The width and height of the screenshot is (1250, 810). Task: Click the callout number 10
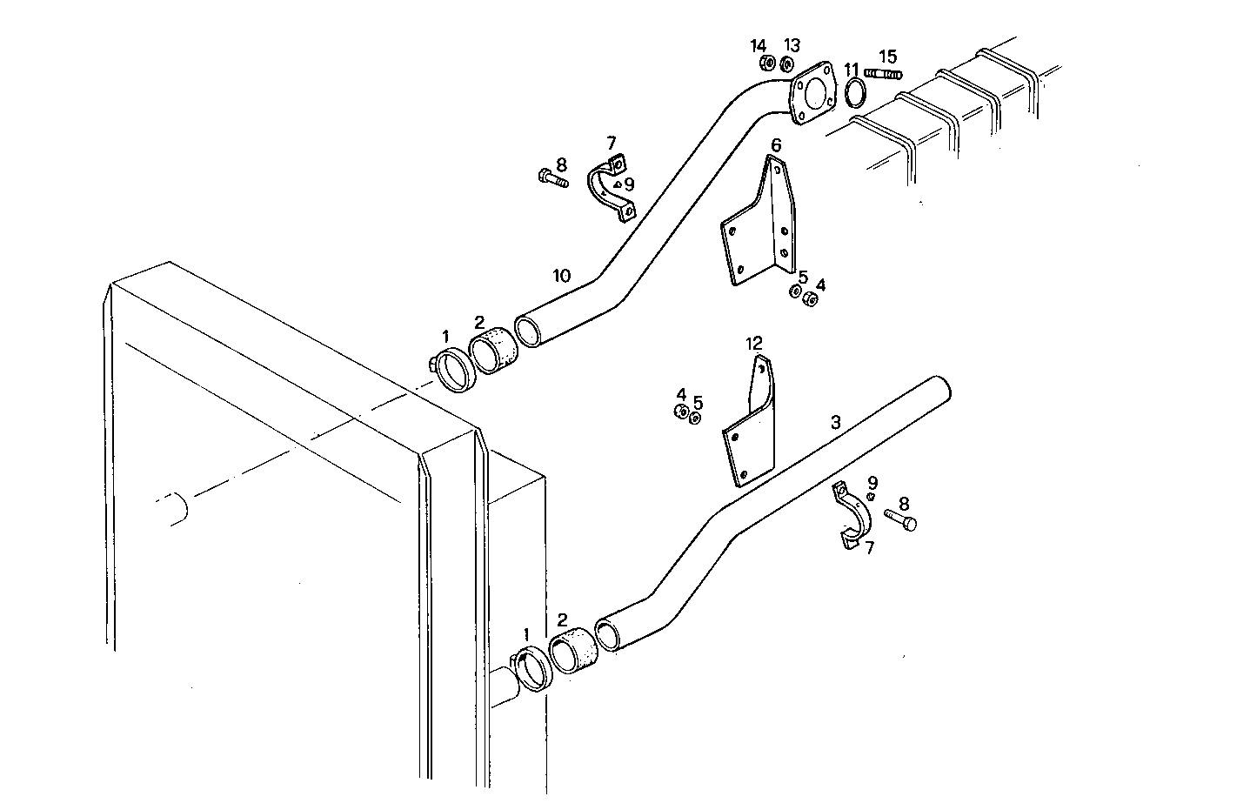point(561,276)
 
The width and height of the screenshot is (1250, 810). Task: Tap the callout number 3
point(835,422)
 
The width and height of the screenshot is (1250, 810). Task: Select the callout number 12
point(753,345)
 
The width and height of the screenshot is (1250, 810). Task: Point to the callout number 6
point(776,144)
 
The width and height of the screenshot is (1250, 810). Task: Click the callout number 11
point(852,69)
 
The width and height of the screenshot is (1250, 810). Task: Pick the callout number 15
point(887,56)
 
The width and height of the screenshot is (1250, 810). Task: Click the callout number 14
point(759,46)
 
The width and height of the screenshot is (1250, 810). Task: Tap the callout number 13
point(792,45)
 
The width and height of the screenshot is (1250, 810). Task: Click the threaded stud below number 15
point(883,74)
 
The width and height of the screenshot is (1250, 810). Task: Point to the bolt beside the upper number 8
point(550,180)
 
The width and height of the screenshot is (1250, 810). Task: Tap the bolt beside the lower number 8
point(900,519)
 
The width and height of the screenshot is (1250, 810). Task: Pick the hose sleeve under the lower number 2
point(573,653)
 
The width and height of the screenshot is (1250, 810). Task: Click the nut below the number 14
point(768,64)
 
